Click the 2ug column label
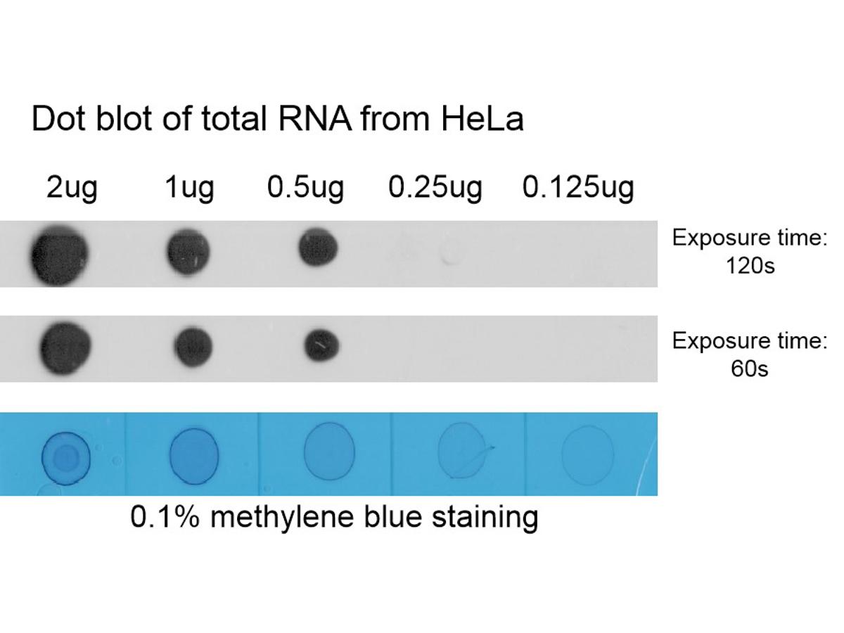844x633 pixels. click(x=72, y=188)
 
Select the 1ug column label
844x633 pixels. click(x=189, y=188)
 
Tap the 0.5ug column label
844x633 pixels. click(x=305, y=188)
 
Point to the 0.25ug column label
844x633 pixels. click(x=435, y=188)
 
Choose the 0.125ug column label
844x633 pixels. click(x=578, y=188)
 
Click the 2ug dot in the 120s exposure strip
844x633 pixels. click(x=59, y=254)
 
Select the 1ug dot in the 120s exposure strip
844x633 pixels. click(x=188, y=252)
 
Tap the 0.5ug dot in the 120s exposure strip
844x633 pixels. click(x=319, y=247)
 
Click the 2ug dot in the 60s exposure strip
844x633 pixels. click(x=65, y=348)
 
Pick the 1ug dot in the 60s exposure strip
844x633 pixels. click(x=193, y=347)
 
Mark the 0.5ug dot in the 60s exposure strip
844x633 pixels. click(x=321, y=345)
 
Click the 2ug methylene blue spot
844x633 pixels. click(x=65, y=458)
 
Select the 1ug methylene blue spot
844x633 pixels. click(x=194, y=456)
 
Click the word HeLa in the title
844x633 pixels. click(x=482, y=119)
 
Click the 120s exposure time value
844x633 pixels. click(x=750, y=266)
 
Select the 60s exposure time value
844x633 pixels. click(x=750, y=369)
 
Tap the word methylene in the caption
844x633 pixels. click(x=282, y=518)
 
